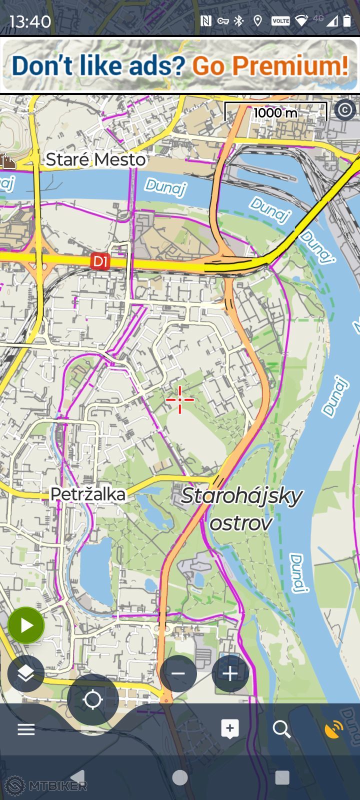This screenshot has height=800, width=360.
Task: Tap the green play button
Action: (26, 625)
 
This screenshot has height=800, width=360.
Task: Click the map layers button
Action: (26, 673)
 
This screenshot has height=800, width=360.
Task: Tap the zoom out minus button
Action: (178, 673)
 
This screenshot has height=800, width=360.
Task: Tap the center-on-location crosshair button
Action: (93, 699)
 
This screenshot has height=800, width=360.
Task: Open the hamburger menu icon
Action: (26, 729)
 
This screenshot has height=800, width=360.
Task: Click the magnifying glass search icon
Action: (281, 729)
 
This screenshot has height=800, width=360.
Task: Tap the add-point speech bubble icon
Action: (230, 729)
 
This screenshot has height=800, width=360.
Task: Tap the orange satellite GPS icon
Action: (333, 729)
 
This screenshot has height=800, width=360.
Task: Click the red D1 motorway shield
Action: (100, 261)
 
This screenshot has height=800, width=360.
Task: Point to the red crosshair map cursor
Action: (180, 399)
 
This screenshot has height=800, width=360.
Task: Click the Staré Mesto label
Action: (96, 159)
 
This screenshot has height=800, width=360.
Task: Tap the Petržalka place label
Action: (88, 494)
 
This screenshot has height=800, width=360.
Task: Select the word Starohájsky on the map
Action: (242, 495)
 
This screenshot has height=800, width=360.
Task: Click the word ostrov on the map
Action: (241, 523)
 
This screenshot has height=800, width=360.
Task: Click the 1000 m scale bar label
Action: (275, 112)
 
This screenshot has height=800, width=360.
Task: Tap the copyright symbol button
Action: (344, 109)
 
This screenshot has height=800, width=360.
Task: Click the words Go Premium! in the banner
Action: (270, 65)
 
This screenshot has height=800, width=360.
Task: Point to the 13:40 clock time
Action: (30, 21)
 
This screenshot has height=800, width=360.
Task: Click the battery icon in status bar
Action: (346, 20)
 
